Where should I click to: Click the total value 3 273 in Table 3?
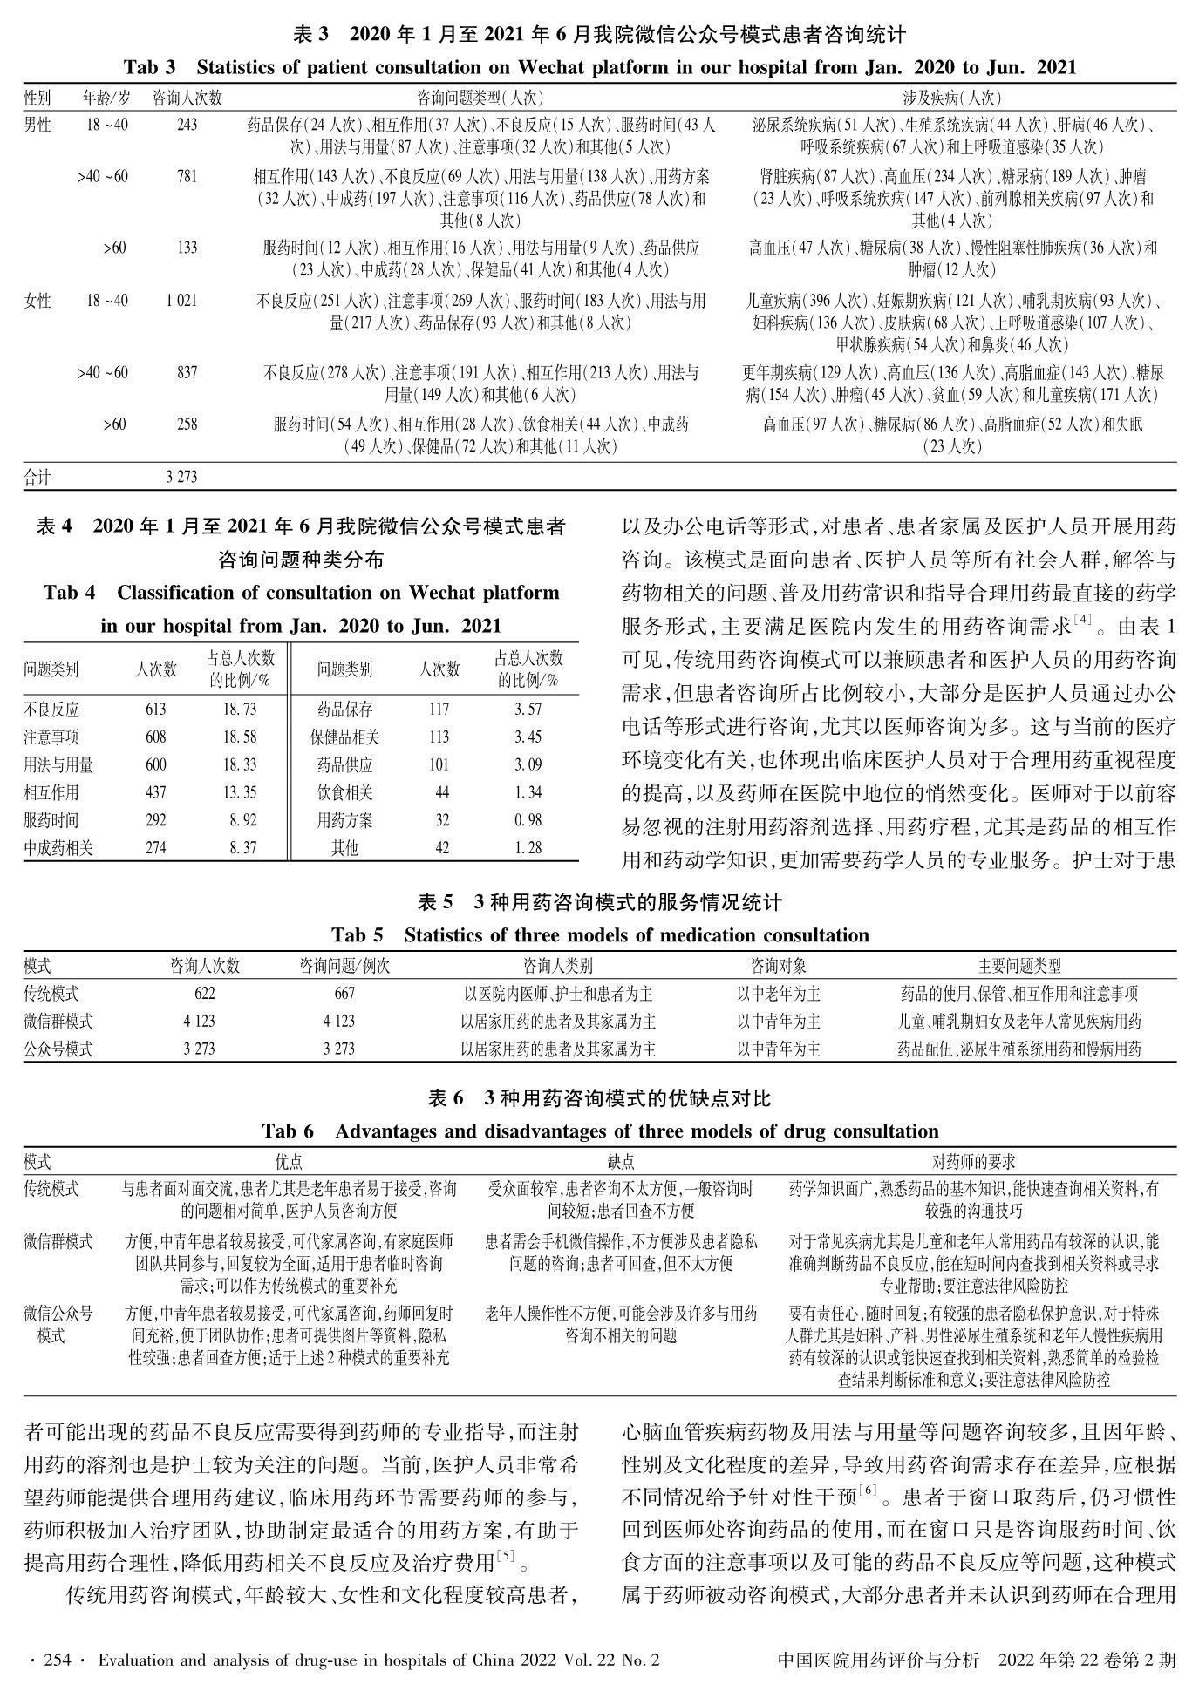pos(181,477)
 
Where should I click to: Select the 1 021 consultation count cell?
pos(181,301)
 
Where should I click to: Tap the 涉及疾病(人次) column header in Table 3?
pos(951,97)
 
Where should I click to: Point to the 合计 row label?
pos(37,477)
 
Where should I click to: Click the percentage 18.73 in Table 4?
pos(239,710)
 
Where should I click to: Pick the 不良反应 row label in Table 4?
pos(51,710)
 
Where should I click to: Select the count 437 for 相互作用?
pos(156,792)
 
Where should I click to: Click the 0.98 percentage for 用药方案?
pos(528,819)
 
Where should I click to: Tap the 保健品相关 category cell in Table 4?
pos(345,737)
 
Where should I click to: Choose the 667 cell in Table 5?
pos(344,993)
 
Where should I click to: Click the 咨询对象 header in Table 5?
pos(778,965)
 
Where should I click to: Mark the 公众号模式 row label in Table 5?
pos(58,1049)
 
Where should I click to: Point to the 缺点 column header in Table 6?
pos(621,1161)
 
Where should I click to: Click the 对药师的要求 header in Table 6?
pos(973,1161)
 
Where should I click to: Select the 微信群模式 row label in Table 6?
pos(58,1240)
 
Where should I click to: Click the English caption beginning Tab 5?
pos(600,935)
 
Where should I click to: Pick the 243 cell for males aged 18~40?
pos(187,125)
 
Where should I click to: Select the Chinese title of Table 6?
pos(600,1097)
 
